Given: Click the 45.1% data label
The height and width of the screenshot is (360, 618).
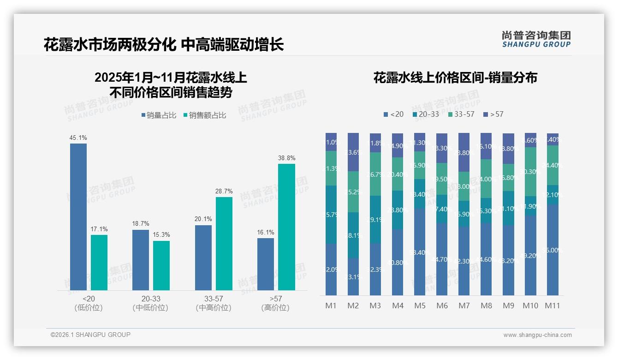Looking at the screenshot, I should coord(78,138).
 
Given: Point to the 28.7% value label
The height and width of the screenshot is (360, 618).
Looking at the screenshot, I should coord(224,191).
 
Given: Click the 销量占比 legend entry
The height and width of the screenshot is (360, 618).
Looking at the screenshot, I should coord(159,115).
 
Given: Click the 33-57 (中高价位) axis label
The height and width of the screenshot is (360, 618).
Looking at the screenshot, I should coord(214,303).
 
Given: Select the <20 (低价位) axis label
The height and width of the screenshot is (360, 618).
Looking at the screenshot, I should coord(88,303).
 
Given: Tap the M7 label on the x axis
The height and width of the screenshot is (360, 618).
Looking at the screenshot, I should coord(464,306).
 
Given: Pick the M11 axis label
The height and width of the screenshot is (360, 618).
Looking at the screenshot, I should coord(553,306).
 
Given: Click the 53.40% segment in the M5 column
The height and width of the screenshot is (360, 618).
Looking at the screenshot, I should coord(420,252).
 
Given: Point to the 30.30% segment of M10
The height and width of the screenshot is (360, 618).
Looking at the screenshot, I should coord(530,172).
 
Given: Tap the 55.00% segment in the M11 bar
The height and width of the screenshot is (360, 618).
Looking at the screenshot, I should coord(553,250).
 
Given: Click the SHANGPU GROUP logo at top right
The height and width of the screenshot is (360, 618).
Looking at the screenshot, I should coord(536,39).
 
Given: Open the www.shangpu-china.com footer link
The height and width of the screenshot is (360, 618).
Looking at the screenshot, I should coord(537,335).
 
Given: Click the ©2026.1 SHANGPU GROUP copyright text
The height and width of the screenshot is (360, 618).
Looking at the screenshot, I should coord(90,335).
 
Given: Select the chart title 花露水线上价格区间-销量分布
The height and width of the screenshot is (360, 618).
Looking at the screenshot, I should coord(455,78).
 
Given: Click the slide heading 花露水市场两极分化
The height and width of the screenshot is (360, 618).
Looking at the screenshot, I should coord(110,45).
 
